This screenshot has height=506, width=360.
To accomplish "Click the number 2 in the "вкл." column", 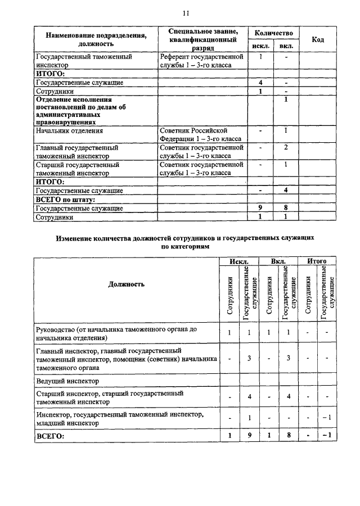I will [x=286, y=147].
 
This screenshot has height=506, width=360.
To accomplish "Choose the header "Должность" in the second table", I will [x=126, y=284].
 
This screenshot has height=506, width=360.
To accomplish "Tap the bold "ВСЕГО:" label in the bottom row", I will [x=50, y=435].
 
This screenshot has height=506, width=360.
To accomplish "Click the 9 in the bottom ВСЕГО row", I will [x=249, y=435].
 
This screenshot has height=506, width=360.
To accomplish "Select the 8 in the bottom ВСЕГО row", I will [x=287, y=435].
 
